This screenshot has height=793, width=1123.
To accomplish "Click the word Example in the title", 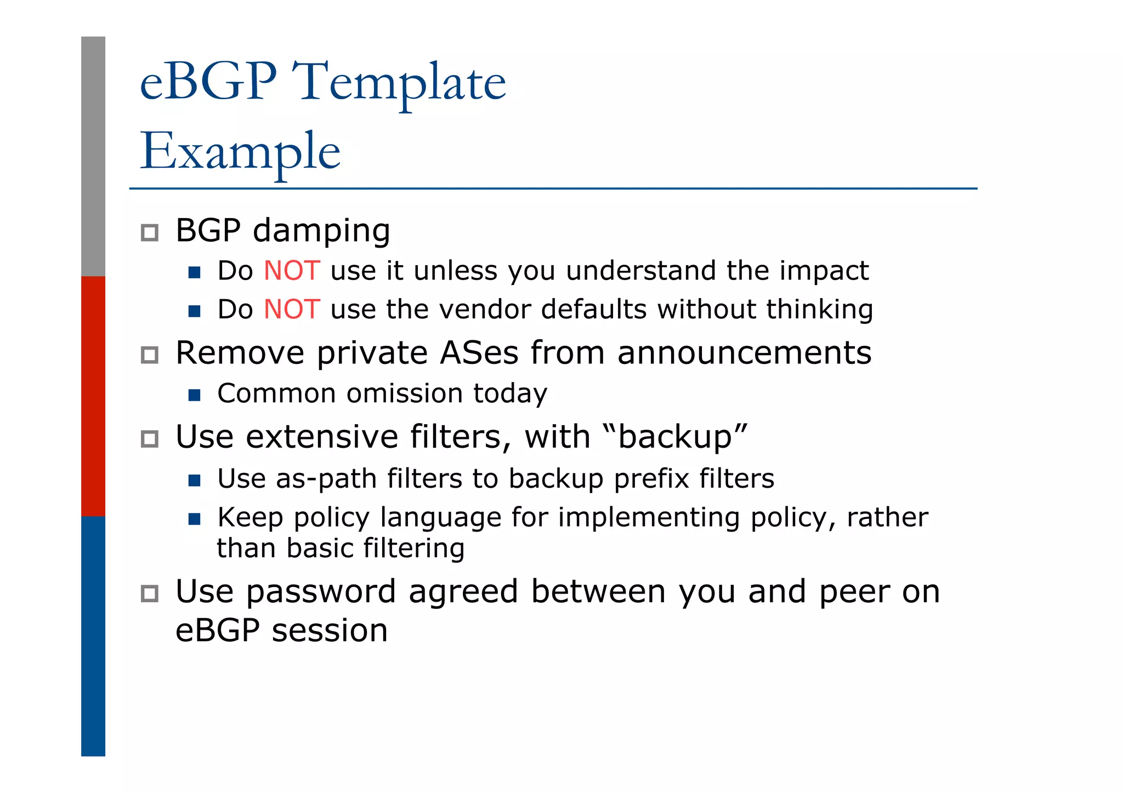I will tap(240, 151).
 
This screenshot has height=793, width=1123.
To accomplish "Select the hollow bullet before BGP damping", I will tap(150, 232).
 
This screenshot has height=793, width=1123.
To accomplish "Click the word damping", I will tap(321, 231).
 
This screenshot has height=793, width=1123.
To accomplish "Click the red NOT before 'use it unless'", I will tap(292, 271).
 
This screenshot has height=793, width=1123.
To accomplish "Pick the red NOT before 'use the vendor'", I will tap(292, 309).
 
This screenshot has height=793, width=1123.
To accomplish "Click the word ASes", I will tap(479, 352).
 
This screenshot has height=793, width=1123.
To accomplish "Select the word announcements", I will tap(744, 352).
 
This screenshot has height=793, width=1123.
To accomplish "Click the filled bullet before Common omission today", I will tap(194, 395).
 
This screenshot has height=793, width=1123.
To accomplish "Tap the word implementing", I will tap(649, 518).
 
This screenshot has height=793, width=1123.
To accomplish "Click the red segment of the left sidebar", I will tap(93, 396).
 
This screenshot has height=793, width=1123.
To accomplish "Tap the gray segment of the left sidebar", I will tap(93, 156).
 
